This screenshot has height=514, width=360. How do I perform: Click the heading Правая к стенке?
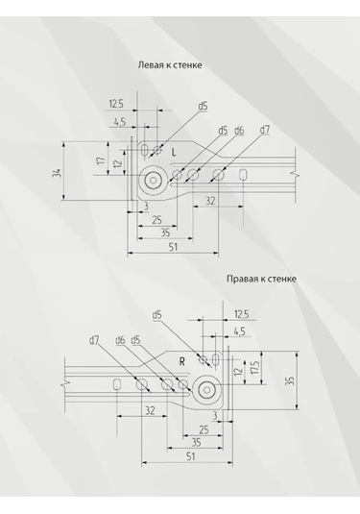[x=261, y=279]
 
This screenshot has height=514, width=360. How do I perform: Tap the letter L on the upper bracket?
[x=174, y=153]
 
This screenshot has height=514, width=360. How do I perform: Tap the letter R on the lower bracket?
[x=180, y=361]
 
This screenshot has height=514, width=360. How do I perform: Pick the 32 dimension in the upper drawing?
[x=208, y=201]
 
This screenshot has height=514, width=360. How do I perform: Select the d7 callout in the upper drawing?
[x=265, y=130]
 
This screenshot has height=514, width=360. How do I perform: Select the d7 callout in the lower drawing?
[x=94, y=339]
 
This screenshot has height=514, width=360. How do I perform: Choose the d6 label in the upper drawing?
[x=239, y=130]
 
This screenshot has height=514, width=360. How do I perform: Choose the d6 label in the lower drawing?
[x=120, y=339]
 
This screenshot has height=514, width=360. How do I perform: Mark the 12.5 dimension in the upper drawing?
[x=116, y=104]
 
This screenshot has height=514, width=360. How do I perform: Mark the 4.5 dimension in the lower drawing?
[x=239, y=331]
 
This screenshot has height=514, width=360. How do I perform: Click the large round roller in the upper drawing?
[x=151, y=179]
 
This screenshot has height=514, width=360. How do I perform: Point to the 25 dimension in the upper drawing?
[x=156, y=220]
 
